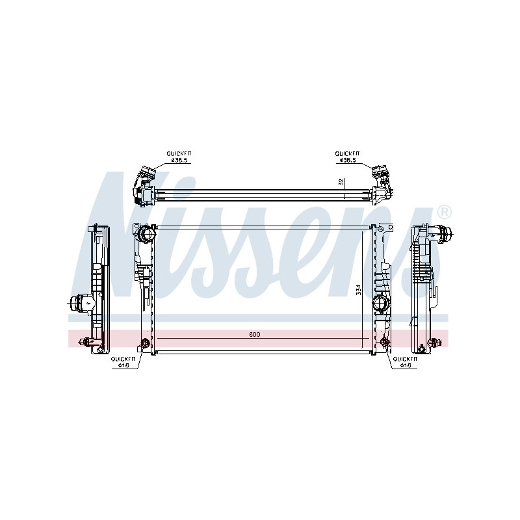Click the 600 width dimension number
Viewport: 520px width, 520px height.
(x=254, y=334)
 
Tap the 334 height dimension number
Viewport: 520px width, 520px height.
(x=358, y=289)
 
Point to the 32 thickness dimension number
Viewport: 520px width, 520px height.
(x=341, y=182)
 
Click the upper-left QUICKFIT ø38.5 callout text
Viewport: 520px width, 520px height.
(x=179, y=157)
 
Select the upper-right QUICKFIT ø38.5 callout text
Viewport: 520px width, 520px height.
(x=347, y=157)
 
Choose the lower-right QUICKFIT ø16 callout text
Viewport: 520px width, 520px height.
(x=405, y=362)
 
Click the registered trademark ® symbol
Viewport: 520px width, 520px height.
(x=444, y=212)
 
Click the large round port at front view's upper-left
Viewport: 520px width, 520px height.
(x=147, y=234)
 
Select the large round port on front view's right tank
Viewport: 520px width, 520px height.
(x=380, y=303)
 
